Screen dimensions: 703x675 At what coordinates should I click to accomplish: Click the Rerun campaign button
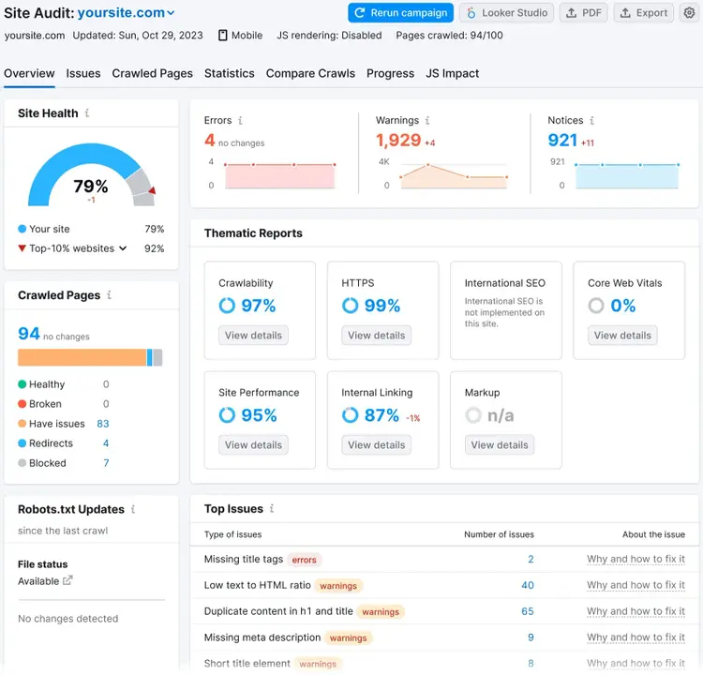click(400, 13)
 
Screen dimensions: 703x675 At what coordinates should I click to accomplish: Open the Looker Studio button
click(506, 13)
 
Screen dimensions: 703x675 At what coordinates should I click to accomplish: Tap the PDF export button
click(583, 13)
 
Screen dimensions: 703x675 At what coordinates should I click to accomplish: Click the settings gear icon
click(689, 13)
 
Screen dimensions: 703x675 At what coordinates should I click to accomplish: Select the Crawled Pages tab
click(153, 73)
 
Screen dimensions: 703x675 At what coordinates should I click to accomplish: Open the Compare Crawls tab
click(310, 73)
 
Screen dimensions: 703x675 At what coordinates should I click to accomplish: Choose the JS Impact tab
click(452, 73)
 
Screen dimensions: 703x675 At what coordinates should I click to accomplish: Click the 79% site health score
click(91, 187)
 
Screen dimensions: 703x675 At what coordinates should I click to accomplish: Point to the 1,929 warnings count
click(398, 141)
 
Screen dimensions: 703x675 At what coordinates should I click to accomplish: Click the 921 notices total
click(562, 141)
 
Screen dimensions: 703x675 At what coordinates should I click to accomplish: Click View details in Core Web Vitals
click(622, 336)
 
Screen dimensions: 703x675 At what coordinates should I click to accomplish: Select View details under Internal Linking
click(376, 445)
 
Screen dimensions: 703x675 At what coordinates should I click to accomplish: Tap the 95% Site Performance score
click(259, 415)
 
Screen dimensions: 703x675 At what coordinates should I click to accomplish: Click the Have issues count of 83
click(103, 424)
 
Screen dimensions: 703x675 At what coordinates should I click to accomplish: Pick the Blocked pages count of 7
click(106, 463)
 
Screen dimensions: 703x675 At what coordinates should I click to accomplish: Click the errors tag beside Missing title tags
click(305, 560)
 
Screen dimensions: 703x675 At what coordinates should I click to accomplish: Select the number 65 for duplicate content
click(527, 612)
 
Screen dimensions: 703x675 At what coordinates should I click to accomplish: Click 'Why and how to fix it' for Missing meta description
click(636, 637)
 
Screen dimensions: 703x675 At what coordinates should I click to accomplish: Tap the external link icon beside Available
click(67, 581)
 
